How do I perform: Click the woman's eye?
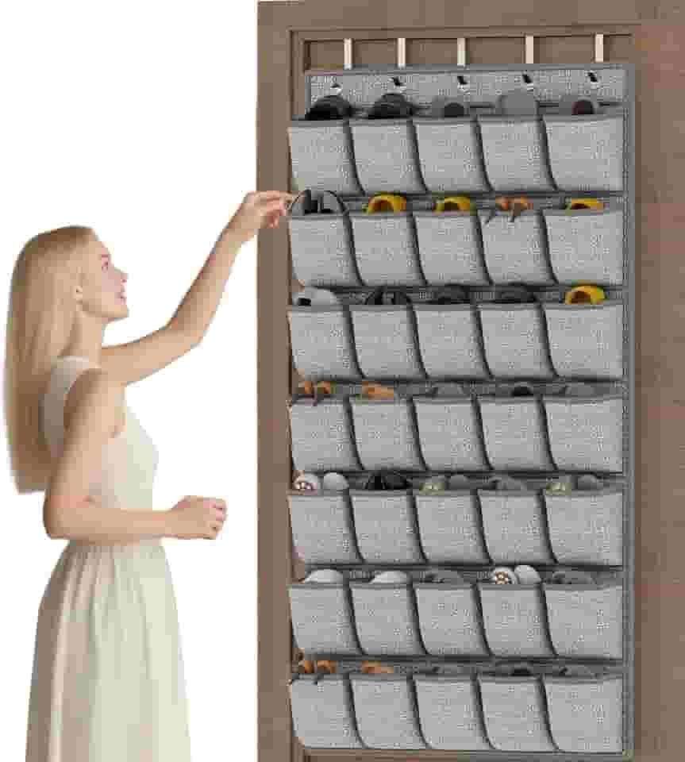pos(113,269)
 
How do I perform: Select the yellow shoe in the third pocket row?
pos(584,294)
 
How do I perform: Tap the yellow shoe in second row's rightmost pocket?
pos(584,204)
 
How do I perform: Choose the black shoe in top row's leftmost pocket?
pos(329,107)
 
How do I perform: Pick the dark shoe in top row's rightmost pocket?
pos(584,107)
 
